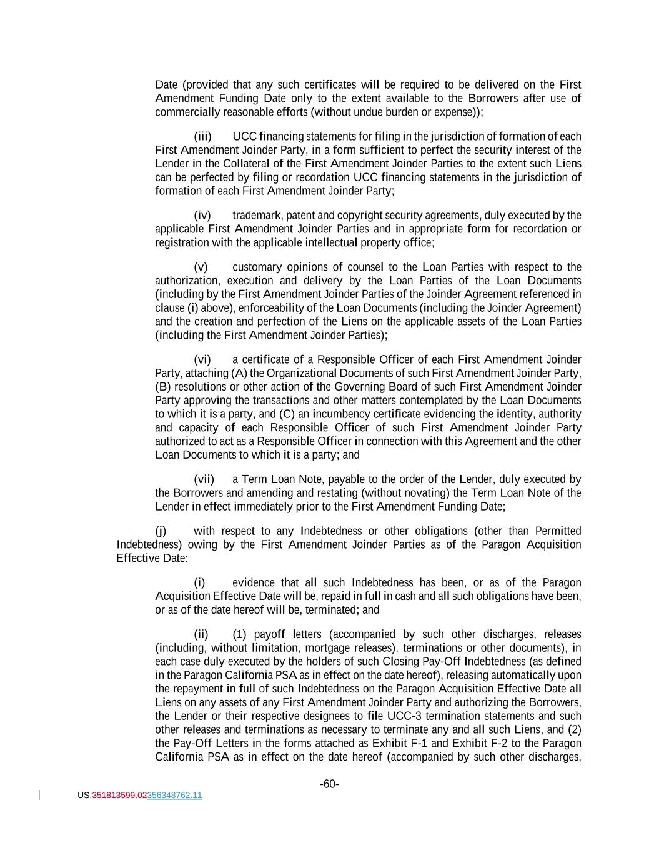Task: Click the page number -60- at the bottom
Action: click(x=329, y=784)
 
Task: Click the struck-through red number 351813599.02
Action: click(x=119, y=796)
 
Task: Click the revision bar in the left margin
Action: click(x=40, y=795)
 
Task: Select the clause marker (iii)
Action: click(x=202, y=136)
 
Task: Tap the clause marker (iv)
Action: click(x=202, y=216)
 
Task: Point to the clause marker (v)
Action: click(x=201, y=267)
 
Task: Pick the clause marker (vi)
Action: click(x=202, y=359)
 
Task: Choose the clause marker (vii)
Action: click(x=204, y=479)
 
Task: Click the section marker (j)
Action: click(x=161, y=531)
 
